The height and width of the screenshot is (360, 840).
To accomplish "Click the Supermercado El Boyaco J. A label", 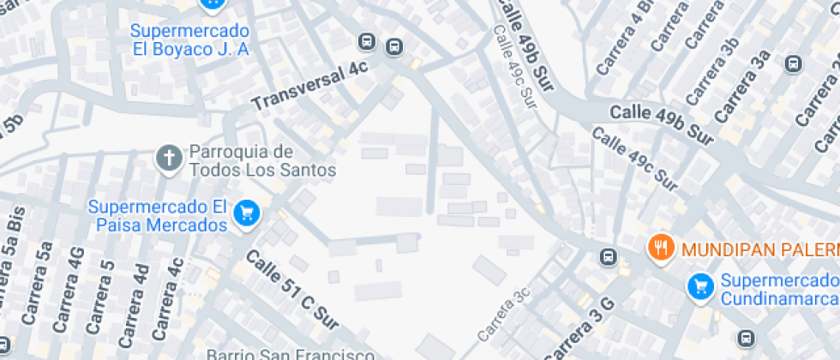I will click(189, 39).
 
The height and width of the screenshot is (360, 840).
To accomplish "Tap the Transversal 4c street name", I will click(309, 88).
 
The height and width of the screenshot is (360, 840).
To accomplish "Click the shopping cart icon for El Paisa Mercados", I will click(248, 213).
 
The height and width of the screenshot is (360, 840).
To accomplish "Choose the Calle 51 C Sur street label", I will click(292, 290).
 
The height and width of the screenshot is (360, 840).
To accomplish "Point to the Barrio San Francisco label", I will click(291, 354).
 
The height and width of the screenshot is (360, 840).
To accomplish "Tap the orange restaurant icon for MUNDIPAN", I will click(659, 249).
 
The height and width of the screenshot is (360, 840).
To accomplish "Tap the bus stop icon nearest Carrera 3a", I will click(793, 63).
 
